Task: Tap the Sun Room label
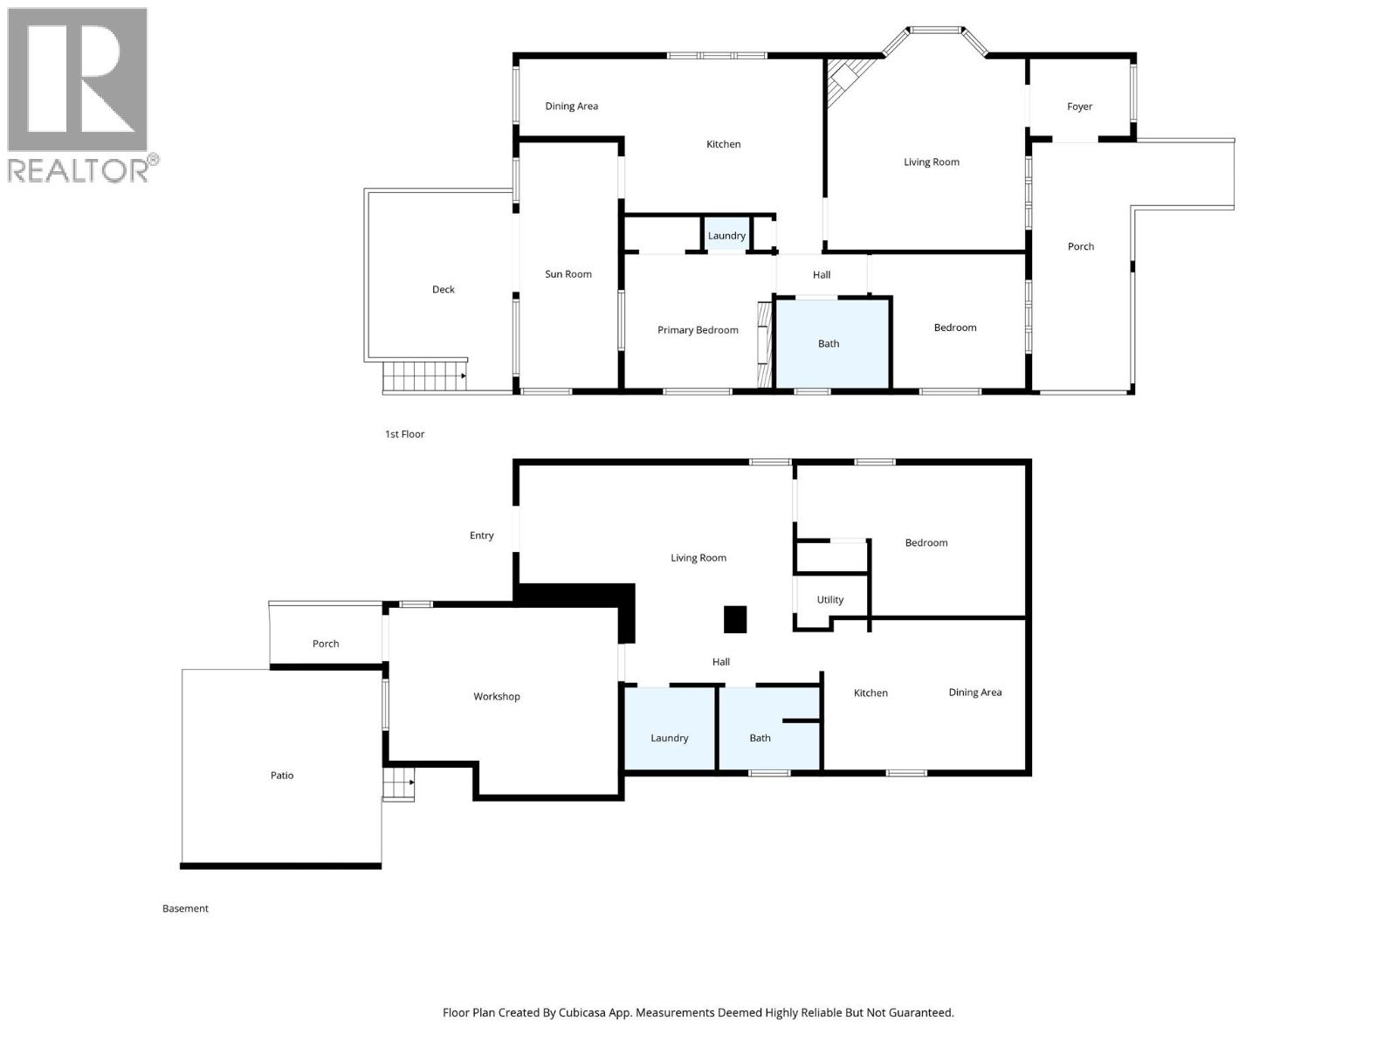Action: coord(568,274)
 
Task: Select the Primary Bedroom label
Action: coord(698,330)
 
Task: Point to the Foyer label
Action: coord(1080,107)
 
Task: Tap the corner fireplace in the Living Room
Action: coord(844,79)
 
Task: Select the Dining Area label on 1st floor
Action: coord(572,107)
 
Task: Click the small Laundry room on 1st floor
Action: coord(726,236)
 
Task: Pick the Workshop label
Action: coord(497,697)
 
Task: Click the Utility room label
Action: coord(830,600)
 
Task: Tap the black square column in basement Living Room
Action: coord(735,619)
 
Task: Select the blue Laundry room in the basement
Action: coord(670,730)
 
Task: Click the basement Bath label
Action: coord(760,738)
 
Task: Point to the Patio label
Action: coord(282,776)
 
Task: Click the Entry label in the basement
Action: coord(482,535)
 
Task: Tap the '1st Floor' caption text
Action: coord(405,434)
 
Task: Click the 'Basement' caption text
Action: coord(185,908)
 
